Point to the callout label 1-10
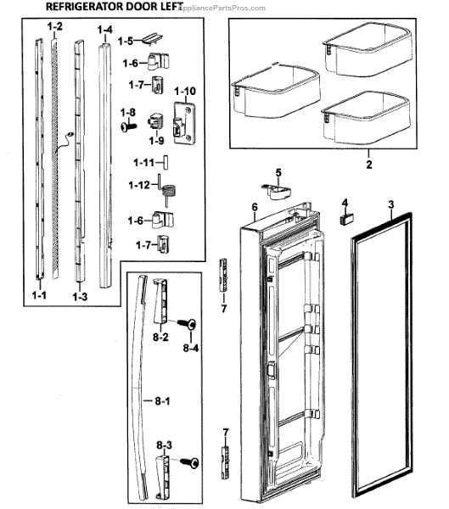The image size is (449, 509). (x=184, y=90)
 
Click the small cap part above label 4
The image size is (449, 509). (x=347, y=218)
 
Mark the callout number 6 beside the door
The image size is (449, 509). (x=253, y=207)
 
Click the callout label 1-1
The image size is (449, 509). (x=39, y=296)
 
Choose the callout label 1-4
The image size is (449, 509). (x=105, y=31)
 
